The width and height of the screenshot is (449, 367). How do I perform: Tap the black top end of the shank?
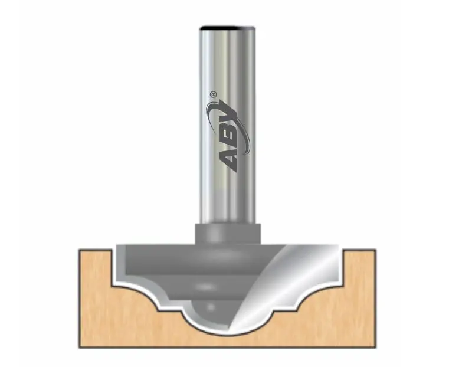tap(228, 28)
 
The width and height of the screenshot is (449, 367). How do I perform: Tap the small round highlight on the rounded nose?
tap(211, 307)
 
